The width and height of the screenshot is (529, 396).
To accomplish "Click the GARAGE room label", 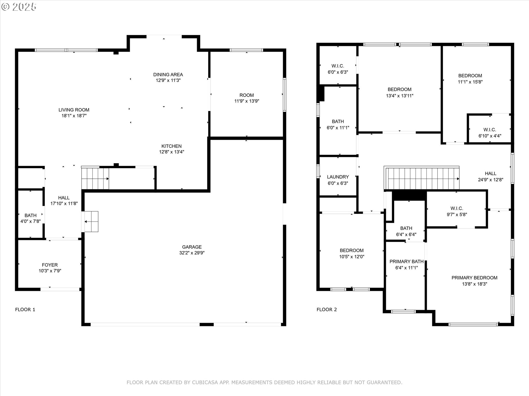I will [x=192, y=247].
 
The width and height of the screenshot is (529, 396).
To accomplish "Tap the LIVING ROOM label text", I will [x=74, y=110].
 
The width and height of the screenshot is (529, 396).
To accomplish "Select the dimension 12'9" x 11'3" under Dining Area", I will [x=168, y=80].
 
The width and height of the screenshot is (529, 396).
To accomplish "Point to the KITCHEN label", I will [x=171, y=146].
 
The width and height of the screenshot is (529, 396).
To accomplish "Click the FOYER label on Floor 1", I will [x=50, y=265].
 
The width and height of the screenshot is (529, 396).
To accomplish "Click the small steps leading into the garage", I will [x=91, y=222].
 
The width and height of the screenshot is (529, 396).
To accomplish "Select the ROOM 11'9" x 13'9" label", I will [x=247, y=98].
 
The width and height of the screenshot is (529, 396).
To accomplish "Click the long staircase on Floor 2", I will [x=422, y=178].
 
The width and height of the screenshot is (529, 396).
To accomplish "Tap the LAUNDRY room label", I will [x=338, y=177].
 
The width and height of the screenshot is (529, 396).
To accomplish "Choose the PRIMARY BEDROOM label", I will [x=474, y=278].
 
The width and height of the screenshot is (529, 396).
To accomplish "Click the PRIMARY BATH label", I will [x=406, y=262].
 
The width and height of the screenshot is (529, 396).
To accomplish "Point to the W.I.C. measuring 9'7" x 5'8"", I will [x=457, y=211].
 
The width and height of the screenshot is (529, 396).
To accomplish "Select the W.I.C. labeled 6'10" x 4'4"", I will [x=490, y=133].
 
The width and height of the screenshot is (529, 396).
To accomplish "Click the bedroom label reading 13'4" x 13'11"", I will [x=400, y=92].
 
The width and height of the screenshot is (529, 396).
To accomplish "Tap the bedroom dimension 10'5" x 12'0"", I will [x=352, y=257].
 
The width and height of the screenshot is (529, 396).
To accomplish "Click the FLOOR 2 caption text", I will [x=326, y=310].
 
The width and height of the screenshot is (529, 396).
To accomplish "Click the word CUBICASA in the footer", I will [x=205, y=383].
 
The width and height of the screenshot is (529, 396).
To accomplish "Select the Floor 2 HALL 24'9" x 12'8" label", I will [x=490, y=177].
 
